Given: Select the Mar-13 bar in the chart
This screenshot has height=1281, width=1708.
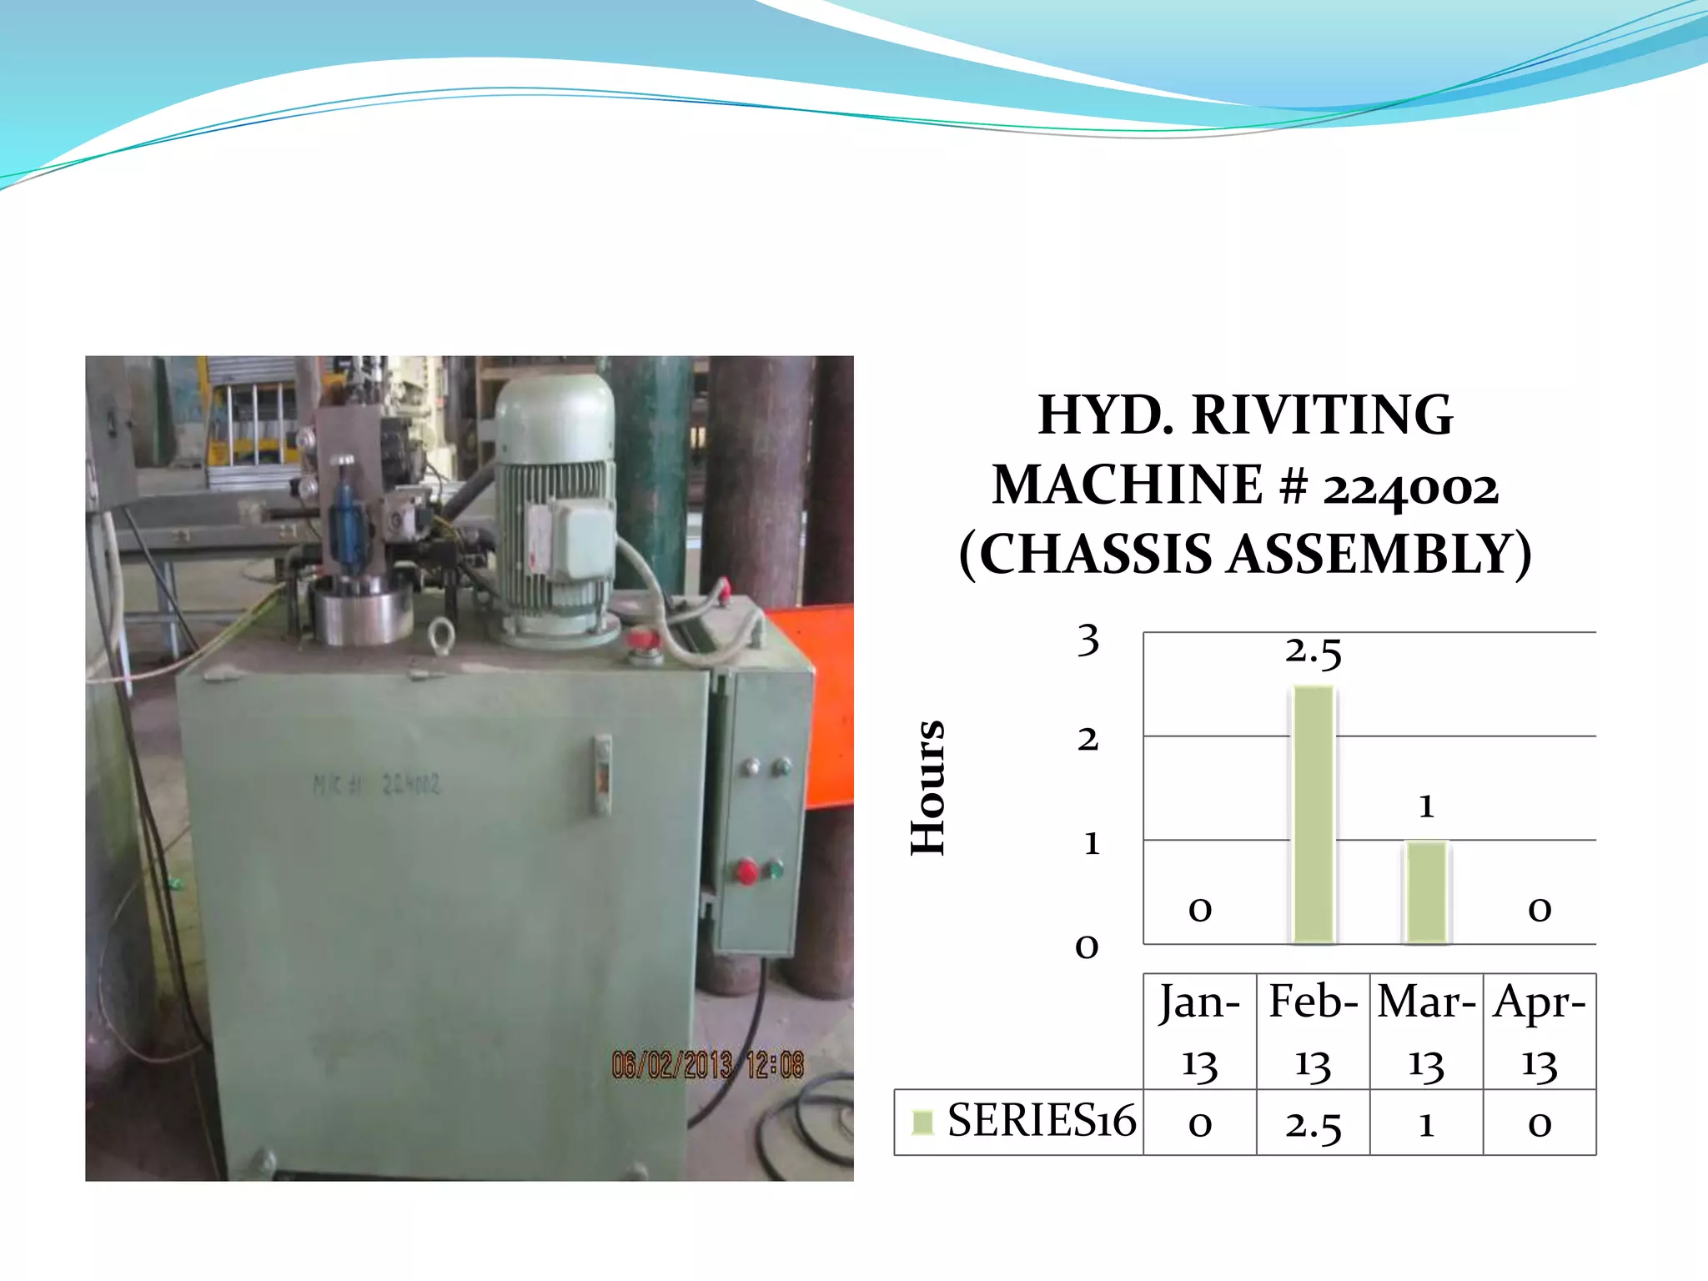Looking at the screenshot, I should pyautogui.click(x=1427, y=892).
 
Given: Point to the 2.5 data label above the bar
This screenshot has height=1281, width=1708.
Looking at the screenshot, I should pyautogui.click(x=1314, y=652).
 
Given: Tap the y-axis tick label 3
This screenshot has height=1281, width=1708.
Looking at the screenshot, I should pyautogui.click(x=1088, y=640).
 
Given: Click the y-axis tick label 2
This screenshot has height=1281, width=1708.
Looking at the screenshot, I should pyautogui.click(x=1088, y=739).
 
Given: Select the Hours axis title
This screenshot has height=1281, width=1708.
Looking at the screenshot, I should pyautogui.click(x=928, y=787).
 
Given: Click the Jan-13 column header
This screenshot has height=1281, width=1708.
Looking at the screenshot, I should pyautogui.click(x=1199, y=1032).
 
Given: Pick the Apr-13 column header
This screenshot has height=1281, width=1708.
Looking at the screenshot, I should pyautogui.click(x=1540, y=1032).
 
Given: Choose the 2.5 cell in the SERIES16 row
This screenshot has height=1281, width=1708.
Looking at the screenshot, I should pyautogui.click(x=1314, y=1124).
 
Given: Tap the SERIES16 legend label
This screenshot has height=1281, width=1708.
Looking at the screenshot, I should pyautogui.click(x=1042, y=1120).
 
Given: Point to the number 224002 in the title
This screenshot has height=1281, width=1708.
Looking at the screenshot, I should pyautogui.click(x=1410, y=486).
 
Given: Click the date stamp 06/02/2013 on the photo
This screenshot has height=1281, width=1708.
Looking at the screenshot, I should pyautogui.click(x=672, y=1065).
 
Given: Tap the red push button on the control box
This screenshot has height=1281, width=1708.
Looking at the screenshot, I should pyautogui.click(x=746, y=872).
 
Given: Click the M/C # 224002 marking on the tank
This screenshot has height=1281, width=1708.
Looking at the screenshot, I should pyautogui.click(x=376, y=784).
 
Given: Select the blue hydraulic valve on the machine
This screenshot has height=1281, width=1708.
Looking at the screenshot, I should pyautogui.click(x=344, y=521).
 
